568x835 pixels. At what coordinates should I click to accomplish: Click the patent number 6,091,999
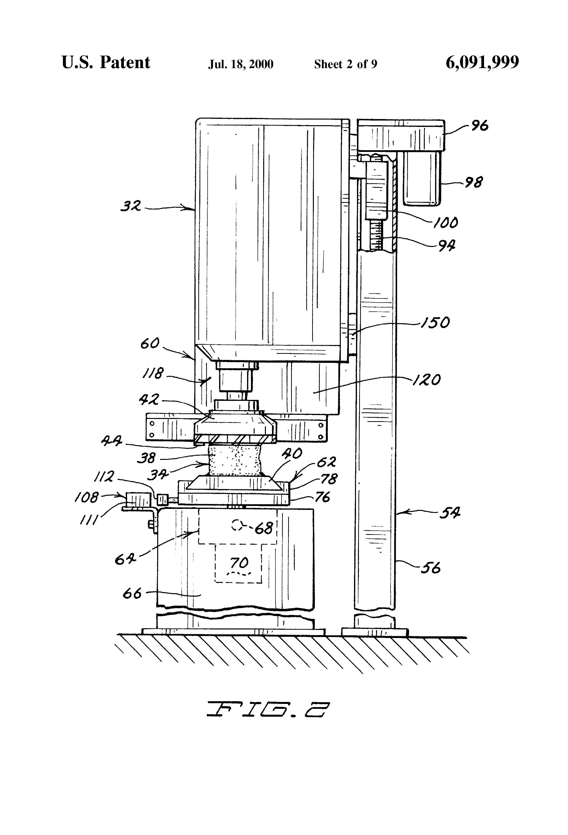482,63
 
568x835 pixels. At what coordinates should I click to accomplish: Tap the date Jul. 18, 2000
241,64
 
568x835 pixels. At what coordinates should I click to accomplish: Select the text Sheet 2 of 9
346,64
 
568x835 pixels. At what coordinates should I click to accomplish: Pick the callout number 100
446,223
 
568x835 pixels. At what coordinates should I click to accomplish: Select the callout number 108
86,497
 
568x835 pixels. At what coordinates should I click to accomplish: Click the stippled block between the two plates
236,461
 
